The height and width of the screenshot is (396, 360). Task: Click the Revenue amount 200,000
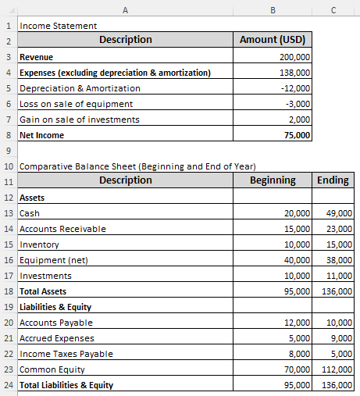pos(294,57)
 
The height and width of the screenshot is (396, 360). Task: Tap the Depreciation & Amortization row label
pos(80,88)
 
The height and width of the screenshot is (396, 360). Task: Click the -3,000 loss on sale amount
pos(297,104)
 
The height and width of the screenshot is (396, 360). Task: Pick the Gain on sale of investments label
pos(79,120)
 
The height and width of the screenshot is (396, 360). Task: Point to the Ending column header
pos(333,180)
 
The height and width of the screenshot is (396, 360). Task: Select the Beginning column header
pos(273,180)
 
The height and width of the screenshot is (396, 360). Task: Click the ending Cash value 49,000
pos(340,213)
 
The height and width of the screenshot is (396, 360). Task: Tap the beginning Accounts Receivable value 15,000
pos(297,229)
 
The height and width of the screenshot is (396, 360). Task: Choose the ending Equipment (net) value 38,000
pos(340,260)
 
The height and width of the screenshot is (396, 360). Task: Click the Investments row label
pos(45,276)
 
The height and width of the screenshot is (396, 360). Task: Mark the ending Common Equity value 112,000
pos(337,369)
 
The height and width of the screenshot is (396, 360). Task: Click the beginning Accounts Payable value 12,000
pos(297,323)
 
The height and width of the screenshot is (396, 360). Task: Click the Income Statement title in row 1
pos(58,26)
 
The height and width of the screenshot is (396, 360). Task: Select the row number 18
pos(8,291)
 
